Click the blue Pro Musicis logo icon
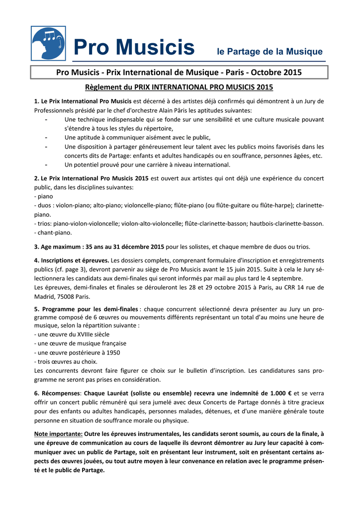(x=48, y=43)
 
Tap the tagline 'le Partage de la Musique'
(x=269, y=52)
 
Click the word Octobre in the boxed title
(x=267, y=73)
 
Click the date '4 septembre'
(x=284, y=278)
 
